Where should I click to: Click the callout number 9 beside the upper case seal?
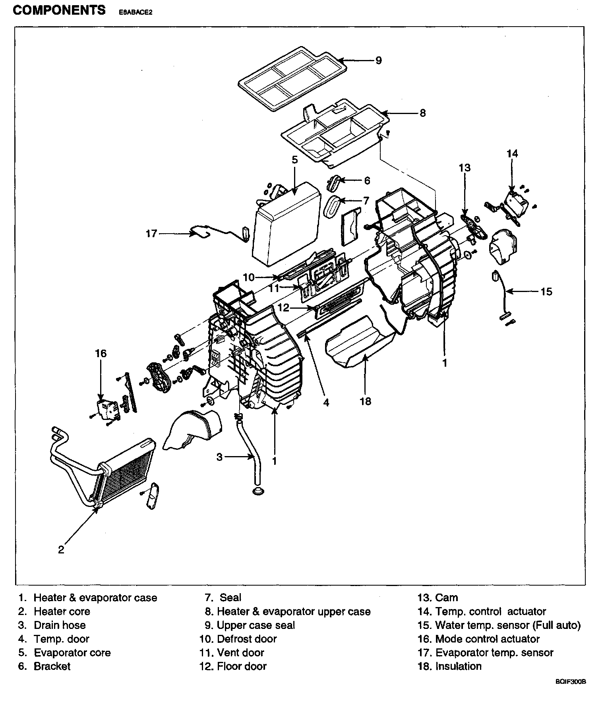(378, 60)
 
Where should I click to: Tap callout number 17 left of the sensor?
(151, 233)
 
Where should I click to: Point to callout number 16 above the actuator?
(101, 353)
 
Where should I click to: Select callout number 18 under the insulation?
(365, 401)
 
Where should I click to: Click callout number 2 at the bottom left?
(61, 549)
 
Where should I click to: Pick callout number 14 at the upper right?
(512, 153)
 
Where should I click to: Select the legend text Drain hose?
(60, 625)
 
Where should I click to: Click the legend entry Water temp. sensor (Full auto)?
(508, 625)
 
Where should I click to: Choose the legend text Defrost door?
(246, 639)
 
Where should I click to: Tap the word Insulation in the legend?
(458, 666)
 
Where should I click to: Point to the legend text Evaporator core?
(72, 652)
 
